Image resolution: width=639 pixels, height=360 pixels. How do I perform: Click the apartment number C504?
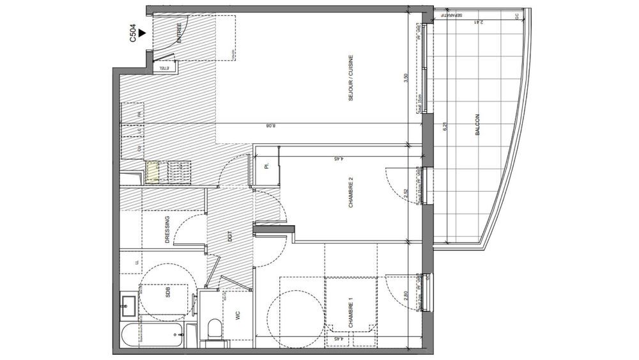point(133,34)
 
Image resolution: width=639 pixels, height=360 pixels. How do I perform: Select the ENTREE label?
point(180,32)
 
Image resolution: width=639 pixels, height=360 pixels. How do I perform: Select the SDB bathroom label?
point(167,293)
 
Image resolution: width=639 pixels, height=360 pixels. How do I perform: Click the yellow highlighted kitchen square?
point(153,173)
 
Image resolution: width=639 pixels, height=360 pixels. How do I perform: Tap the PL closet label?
point(265,168)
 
